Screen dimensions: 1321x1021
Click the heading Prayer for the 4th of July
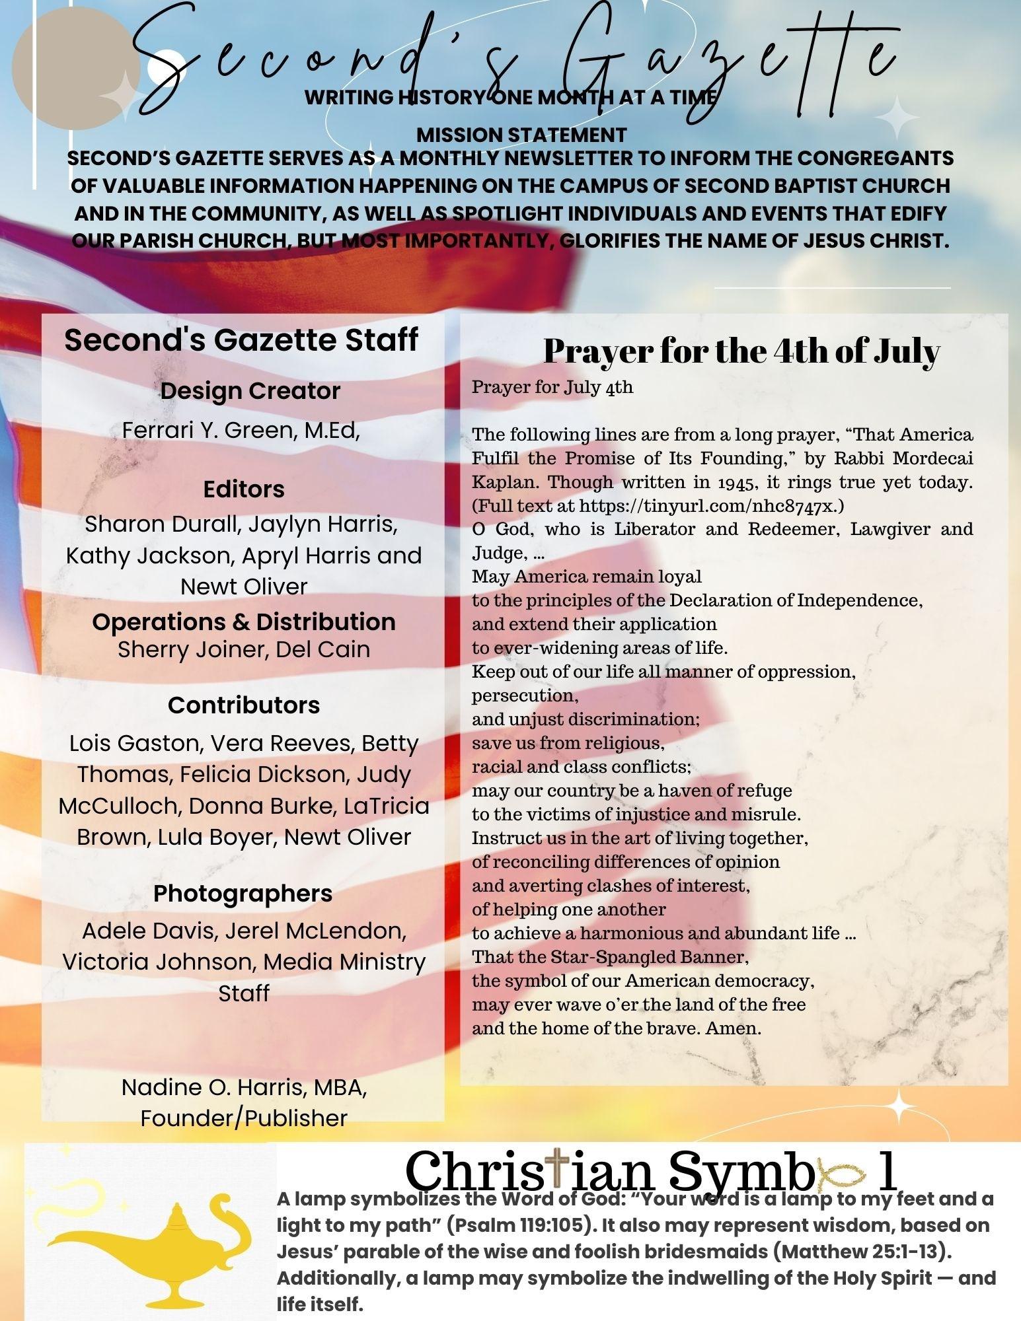[x=741, y=351]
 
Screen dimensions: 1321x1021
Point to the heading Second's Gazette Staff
[x=241, y=340]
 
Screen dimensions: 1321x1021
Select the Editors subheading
[x=244, y=489]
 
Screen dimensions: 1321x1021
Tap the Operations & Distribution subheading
[x=244, y=622]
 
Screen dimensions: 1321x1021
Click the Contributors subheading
[x=244, y=705]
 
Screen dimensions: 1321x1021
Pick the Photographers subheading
[x=243, y=894]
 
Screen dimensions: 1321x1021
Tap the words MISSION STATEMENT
[x=521, y=135]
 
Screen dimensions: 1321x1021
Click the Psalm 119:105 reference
[x=519, y=1225]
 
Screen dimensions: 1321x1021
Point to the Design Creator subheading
[x=250, y=391]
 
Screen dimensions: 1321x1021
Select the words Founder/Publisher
[x=244, y=1118]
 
